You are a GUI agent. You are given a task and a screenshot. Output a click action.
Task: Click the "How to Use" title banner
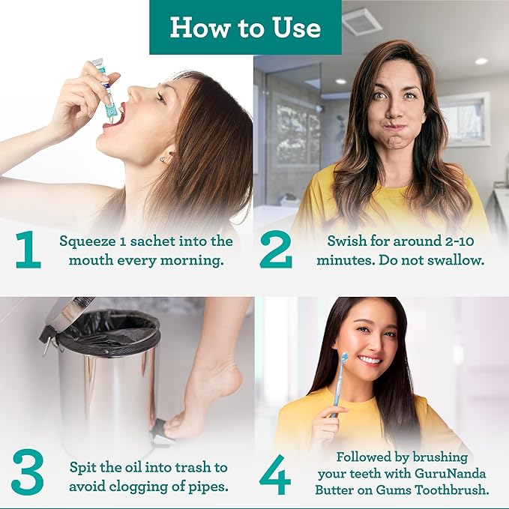pos(245,28)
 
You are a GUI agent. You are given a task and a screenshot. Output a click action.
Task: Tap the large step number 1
pos(28,250)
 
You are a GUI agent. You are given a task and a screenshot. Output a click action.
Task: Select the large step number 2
pos(275,250)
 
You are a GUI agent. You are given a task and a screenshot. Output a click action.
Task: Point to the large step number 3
pos(27,471)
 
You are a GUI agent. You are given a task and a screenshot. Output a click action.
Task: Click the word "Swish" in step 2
pos(346,241)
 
